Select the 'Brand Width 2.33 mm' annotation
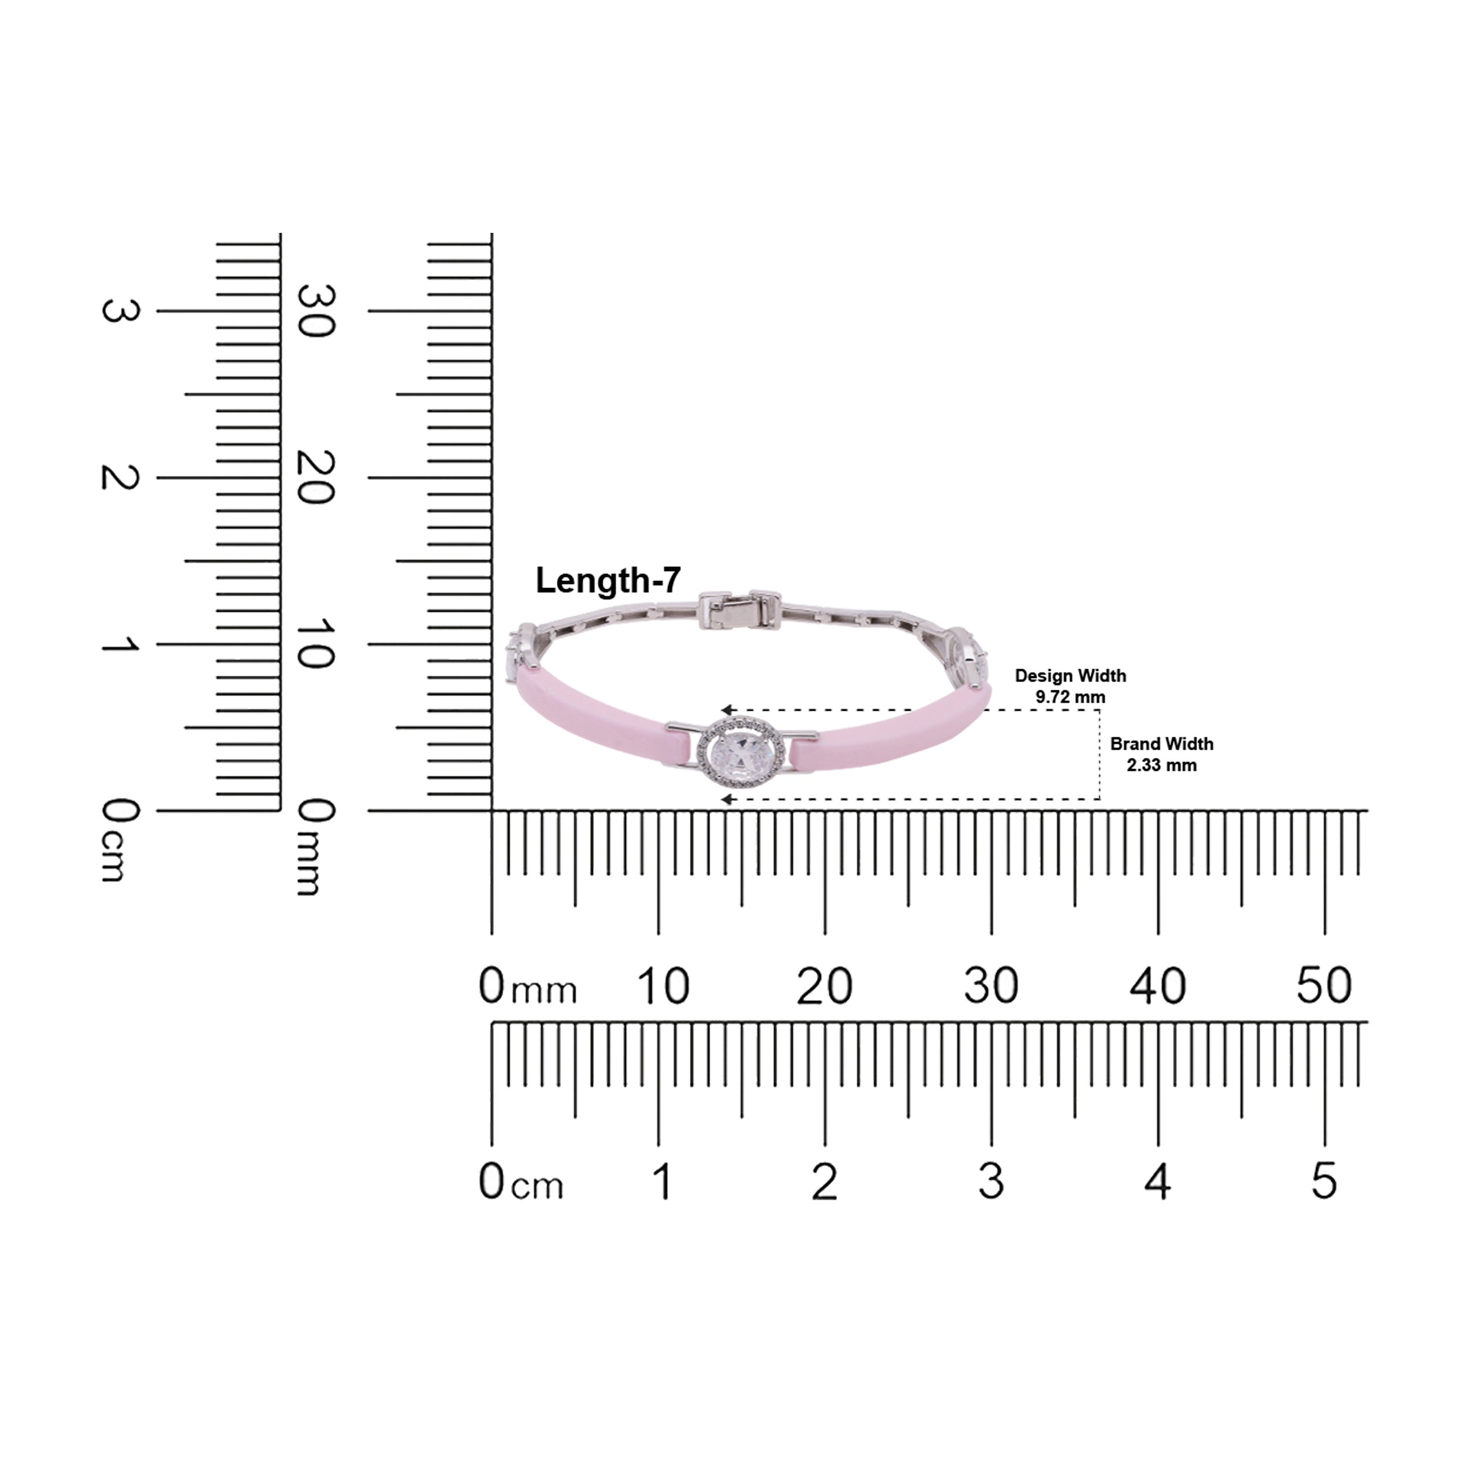click(1161, 754)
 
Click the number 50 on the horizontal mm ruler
click(1325, 986)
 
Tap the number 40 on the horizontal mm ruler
click(1158, 986)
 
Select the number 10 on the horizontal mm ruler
click(663, 986)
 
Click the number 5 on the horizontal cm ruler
click(1325, 1182)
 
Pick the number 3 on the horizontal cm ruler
click(991, 1182)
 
